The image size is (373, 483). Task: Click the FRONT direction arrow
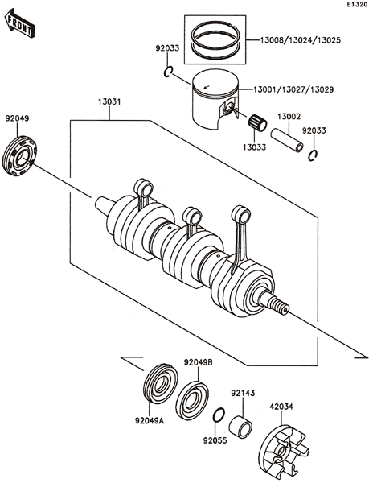click(x=19, y=23)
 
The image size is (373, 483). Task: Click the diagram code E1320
click(x=357, y=5)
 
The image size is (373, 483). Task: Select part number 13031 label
click(x=109, y=101)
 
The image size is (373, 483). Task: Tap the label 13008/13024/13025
click(x=301, y=40)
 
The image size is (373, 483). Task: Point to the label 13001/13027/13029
click(x=293, y=89)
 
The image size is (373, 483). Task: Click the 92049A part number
click(x=150, y=420)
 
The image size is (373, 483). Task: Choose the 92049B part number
click(x=199, y=362)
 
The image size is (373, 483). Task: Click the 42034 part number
click(x=281, y=407)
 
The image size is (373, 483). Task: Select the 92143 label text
click(x=243, y=393)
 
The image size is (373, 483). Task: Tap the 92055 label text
click(x=215, y=440)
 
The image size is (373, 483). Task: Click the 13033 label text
click(x=255, y=147)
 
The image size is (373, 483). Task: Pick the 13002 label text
click(x=289, y=117)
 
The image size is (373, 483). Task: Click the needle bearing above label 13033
click(x=258, y=122)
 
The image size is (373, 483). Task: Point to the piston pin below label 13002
click(x=287, y=140)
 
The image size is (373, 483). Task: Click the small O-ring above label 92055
click(x=219, y=415)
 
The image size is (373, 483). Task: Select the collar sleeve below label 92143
click(x=240, y=427)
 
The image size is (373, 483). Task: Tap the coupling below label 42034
click(x=282, y=452)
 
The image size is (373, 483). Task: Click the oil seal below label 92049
click(x=19, y=156)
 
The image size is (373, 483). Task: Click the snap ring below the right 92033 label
click(x=313, y=155)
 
